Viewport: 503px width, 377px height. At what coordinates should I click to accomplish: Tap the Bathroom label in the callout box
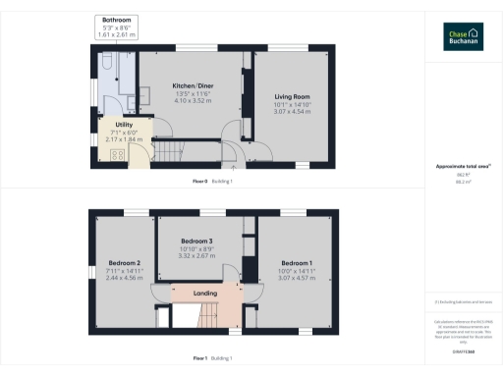click(116, 20)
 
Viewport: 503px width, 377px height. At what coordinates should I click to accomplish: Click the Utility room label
click(124, 125)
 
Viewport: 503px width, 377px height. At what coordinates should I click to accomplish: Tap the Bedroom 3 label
click(196, 241)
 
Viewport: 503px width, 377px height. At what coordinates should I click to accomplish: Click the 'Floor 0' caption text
click(200, 182)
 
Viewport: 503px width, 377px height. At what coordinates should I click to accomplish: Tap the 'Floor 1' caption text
click(200, 357)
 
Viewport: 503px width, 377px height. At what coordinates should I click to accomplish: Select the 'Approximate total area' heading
click(462, 167)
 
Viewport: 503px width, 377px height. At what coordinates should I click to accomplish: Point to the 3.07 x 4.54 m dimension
click(292, 111)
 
